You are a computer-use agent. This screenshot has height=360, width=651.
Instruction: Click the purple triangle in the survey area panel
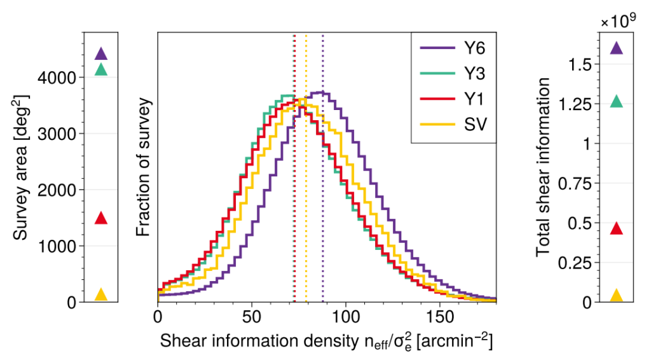pos(101,53)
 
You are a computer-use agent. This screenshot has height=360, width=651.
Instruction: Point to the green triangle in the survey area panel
pos(101,69)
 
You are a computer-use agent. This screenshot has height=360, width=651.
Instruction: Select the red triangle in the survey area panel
pos(101,218)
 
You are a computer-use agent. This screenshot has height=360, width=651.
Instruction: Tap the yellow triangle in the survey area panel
pos(101,294)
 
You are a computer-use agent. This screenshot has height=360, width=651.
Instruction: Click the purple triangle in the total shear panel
pos(617,48)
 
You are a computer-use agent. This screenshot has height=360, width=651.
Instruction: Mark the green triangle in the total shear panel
pos(617,101)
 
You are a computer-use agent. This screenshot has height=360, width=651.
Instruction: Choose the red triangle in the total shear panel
pos(617,229)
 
